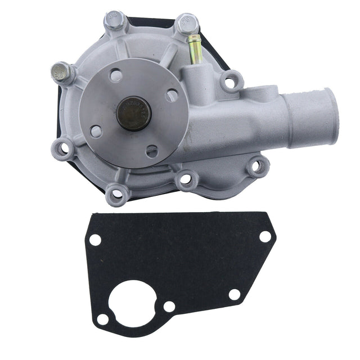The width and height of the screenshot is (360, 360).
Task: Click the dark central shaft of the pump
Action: point(134,113)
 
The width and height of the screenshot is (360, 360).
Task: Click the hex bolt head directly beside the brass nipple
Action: point(186,24)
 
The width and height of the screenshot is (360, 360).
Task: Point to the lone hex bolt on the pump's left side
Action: point(60,72)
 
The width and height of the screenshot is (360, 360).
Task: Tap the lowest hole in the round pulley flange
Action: point(152,151)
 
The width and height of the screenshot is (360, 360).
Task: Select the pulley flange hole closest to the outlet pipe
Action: point(172,95)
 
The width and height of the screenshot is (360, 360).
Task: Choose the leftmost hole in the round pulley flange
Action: point(96,131)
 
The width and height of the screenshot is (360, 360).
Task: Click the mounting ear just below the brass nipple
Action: point(230,82)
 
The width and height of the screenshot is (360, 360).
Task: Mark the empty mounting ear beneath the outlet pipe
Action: point(256,166)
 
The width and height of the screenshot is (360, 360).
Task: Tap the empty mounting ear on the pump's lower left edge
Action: point(66,149)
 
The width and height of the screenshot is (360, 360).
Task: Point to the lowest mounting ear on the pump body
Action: point(116,193)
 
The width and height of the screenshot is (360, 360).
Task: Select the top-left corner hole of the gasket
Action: point(95,240)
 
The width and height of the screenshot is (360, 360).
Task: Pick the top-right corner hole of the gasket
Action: point(265,236)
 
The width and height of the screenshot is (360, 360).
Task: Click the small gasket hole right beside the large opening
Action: point(169,307)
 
